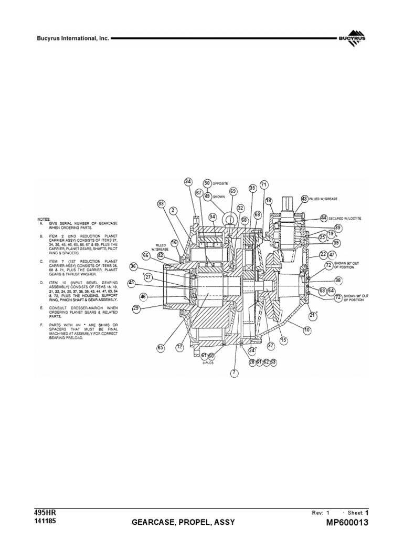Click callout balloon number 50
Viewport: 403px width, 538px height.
[x=207, y=183]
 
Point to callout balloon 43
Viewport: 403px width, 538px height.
[x=304, y=199]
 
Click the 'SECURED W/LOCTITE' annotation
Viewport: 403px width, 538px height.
[x=345, y=218]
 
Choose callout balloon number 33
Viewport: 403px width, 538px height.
[x=161, y=203]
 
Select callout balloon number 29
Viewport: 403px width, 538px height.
[x=136, y=308]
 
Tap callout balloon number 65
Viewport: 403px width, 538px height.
[x=160, y=347]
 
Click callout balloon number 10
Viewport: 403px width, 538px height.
[x=307, y=329]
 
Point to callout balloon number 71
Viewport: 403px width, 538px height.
[x=263, y=184]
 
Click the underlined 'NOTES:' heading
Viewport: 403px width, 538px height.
[x=45, y=218]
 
